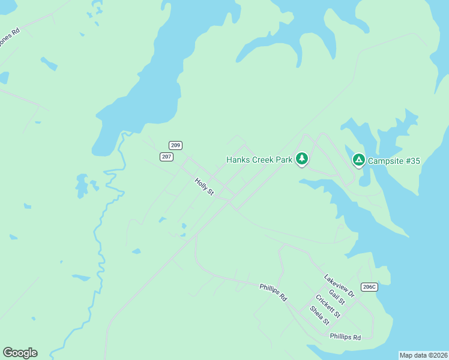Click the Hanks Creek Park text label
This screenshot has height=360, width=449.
click(x=259, y=160)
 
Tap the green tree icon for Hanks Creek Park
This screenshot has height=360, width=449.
click(x=302, y=159)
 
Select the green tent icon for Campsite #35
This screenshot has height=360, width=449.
click(x=358, y=160)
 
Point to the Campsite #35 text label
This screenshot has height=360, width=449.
click(x=394, y=161)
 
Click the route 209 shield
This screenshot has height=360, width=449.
click(x=175, y=145)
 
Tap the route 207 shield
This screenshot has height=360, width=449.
click(x=167, y=157)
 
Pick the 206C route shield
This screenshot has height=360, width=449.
click(x=369, y=287)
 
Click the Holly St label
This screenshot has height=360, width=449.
click(x=204, y=186)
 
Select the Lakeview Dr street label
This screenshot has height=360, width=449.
click(x=339, y=286)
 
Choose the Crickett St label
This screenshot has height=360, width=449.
click(x=328, y=307)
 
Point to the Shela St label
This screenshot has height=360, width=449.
click(x=319, y=316)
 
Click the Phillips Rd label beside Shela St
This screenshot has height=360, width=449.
click(x=345, y=337)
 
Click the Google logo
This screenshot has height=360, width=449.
click(x=20, y=352)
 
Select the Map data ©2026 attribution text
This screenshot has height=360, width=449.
click(x=423, y=355)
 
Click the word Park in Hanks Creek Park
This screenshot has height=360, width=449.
click(x=282, y=160)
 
